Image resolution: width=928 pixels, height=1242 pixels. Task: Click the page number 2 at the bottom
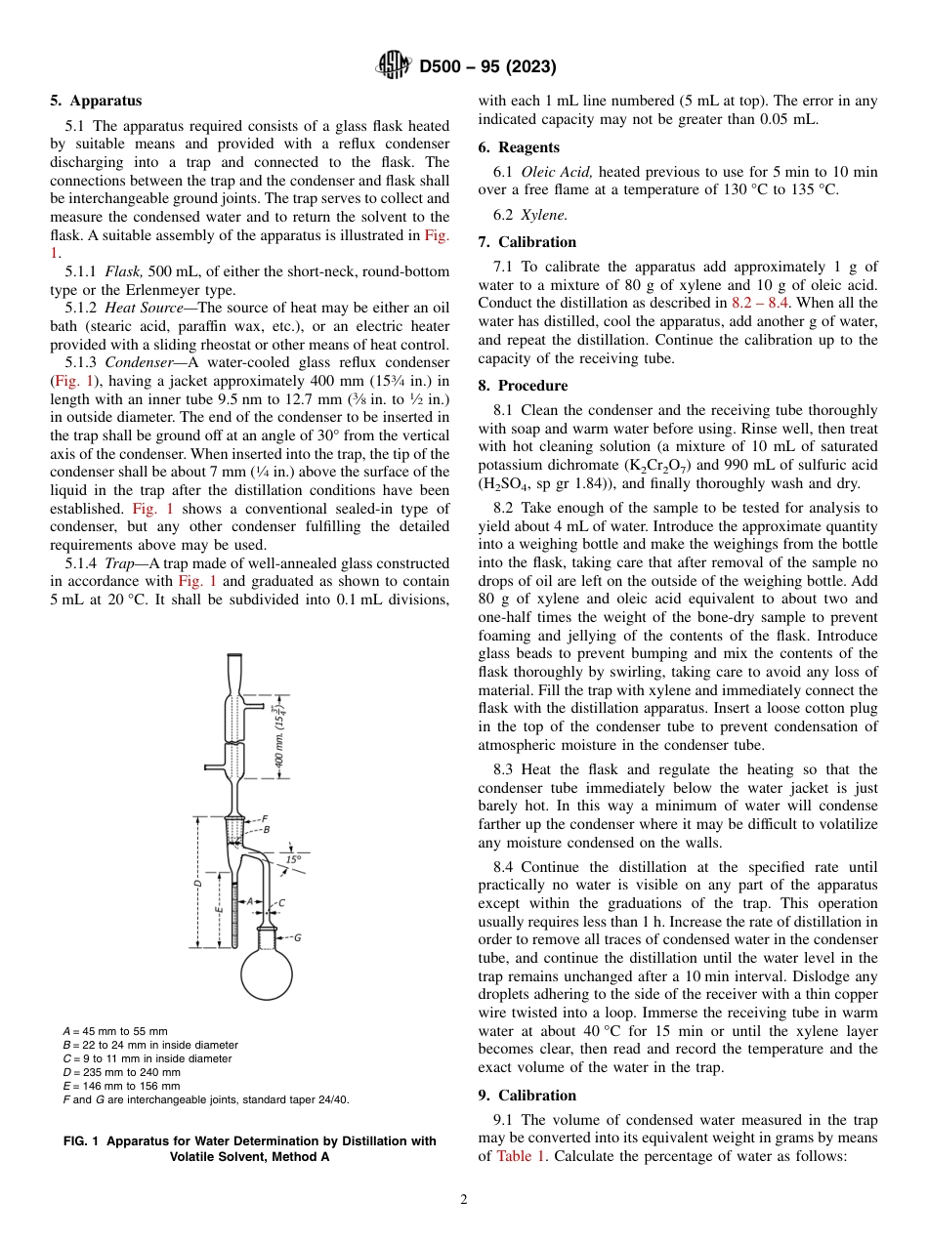tap(463, 1200)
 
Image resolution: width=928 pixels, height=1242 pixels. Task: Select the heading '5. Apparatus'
tap(96, 101)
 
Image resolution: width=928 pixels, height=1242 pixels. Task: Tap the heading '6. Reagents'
tap(519, 147)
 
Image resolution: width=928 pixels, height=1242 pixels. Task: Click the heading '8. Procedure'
tap(523, 386)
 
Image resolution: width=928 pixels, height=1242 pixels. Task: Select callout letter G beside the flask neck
tap(297, 937)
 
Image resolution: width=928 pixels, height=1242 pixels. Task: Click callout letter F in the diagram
tap(265, 818)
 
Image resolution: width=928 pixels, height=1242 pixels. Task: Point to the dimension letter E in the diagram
tap(219, 909)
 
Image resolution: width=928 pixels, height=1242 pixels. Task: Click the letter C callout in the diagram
tap(281, 903)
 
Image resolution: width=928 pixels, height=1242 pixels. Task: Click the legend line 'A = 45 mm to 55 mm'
tap(114, 1031)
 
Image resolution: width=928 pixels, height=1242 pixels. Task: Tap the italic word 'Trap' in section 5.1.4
tap(121, 563)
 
